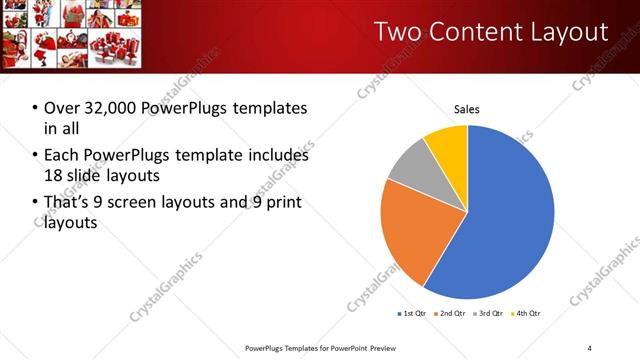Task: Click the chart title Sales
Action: [467, 108]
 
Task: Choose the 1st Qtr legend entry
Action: [412, 314]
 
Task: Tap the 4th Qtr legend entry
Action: [527, 314]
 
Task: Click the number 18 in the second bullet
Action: [52, 177]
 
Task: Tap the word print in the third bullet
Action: [283, 203]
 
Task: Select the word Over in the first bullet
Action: [61, 108]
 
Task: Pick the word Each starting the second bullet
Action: [61, 155]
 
